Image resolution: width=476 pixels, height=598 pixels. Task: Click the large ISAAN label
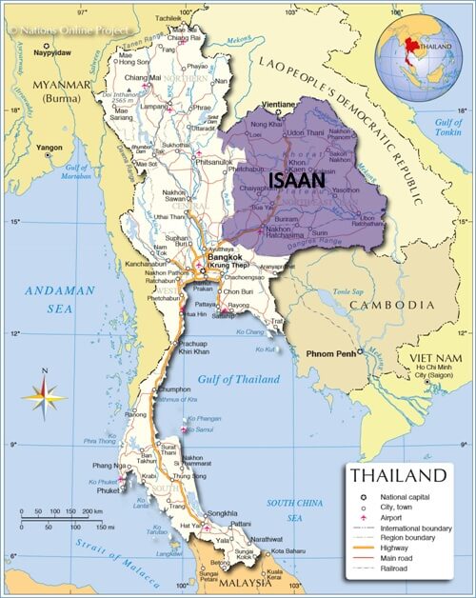[x=297, y=179]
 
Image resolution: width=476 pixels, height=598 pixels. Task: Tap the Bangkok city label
[x=225, y=257]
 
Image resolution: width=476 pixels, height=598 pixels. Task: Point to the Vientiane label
[x=277, y=104]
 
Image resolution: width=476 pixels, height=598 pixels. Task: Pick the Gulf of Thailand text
[x=238, y=379]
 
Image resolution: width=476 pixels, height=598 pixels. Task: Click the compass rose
[x=43, y=392]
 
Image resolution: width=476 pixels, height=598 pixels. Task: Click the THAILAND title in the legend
[x=397, y=474]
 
